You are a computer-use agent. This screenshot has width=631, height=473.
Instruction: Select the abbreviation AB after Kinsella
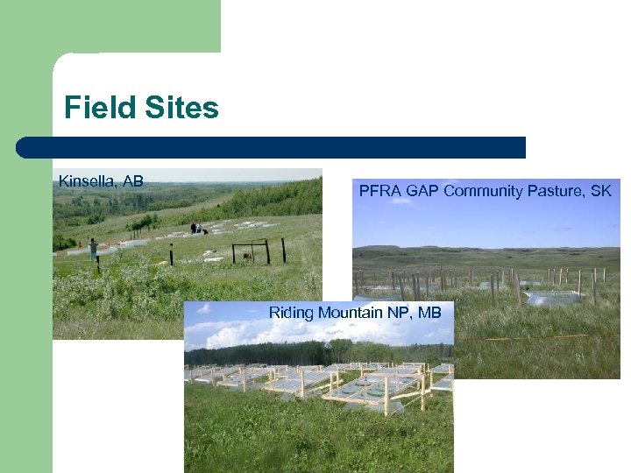pos(133,181)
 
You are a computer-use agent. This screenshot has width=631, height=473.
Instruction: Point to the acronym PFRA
pos(379,190)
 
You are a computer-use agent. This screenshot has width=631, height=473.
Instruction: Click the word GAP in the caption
pos(424,190)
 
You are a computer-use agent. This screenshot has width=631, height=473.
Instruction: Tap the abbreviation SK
pos(601,190)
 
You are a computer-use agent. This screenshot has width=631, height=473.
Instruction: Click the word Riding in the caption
pos(291,313)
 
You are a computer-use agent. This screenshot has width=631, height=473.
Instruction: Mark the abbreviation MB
pos(429,313)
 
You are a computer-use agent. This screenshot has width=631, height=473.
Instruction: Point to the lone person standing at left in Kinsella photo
pos(92,248)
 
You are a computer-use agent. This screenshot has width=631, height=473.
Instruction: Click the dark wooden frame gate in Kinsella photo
pos(251,252)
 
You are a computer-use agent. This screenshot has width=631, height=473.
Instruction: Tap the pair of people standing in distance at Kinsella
pos(196,229)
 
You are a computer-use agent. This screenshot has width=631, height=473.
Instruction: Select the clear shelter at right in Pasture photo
pos(552,299)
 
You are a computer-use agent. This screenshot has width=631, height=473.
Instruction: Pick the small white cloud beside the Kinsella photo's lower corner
pos(203,309)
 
